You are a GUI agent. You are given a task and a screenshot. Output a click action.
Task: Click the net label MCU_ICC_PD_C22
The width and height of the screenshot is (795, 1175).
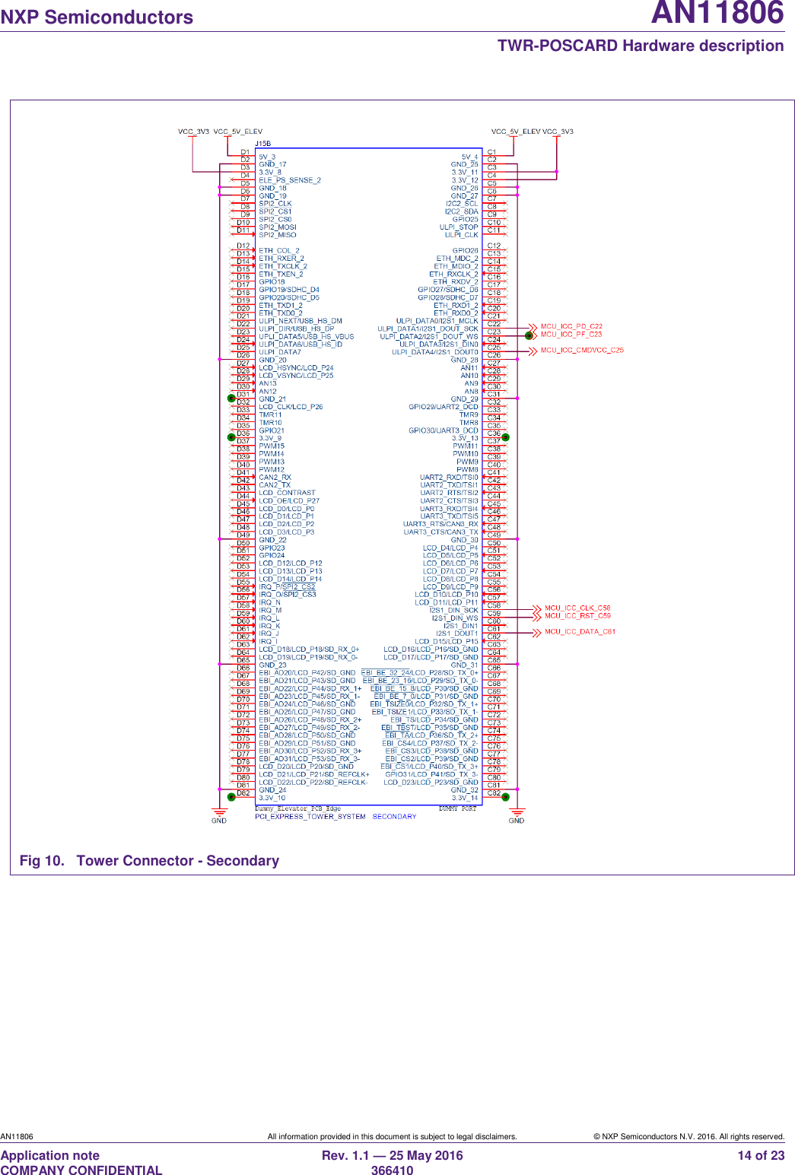coord(571,326)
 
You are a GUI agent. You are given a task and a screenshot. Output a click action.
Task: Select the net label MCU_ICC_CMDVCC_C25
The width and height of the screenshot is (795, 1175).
coord(581,351)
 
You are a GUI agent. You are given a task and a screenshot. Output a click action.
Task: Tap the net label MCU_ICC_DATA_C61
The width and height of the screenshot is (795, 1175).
coord(580,632)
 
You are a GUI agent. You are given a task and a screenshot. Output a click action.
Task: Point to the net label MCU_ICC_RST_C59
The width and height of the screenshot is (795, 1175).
coord(577,616)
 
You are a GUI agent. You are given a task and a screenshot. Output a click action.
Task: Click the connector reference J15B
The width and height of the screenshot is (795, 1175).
coord(262,144)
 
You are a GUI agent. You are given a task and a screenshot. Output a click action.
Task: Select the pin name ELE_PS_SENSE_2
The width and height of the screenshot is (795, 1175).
coord(289,180)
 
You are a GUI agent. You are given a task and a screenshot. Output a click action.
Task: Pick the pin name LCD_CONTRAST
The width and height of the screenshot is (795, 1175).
coord(287,493)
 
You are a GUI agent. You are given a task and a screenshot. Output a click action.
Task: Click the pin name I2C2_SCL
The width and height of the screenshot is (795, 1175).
coord(462,204)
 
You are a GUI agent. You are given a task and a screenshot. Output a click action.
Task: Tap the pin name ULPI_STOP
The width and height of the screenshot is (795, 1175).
coord(459,227)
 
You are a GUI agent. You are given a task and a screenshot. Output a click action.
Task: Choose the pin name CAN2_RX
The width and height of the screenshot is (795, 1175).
coord(275,478)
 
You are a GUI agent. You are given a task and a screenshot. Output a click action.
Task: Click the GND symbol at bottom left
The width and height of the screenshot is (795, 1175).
coord(219,820)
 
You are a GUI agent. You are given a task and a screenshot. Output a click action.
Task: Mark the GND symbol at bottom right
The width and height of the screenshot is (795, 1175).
coord(517,820)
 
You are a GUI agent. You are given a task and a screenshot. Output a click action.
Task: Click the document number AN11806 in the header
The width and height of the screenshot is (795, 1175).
coord(717,14)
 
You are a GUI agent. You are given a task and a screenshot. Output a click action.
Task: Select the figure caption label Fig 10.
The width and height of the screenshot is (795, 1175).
coord(42,861)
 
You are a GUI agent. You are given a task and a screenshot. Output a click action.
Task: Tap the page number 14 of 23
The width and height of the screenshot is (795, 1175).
coord(761,1156)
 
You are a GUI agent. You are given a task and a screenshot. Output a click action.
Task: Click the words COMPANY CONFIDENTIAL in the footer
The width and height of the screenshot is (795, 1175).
coord(81,1170)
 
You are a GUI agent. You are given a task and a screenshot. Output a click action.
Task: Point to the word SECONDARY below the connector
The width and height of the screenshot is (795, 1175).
coord(394,817)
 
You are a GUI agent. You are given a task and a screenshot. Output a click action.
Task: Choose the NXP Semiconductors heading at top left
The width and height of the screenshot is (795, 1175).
coord(97,17)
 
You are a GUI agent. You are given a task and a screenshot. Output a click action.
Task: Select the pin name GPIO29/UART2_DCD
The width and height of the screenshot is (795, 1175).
coord(444,407)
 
